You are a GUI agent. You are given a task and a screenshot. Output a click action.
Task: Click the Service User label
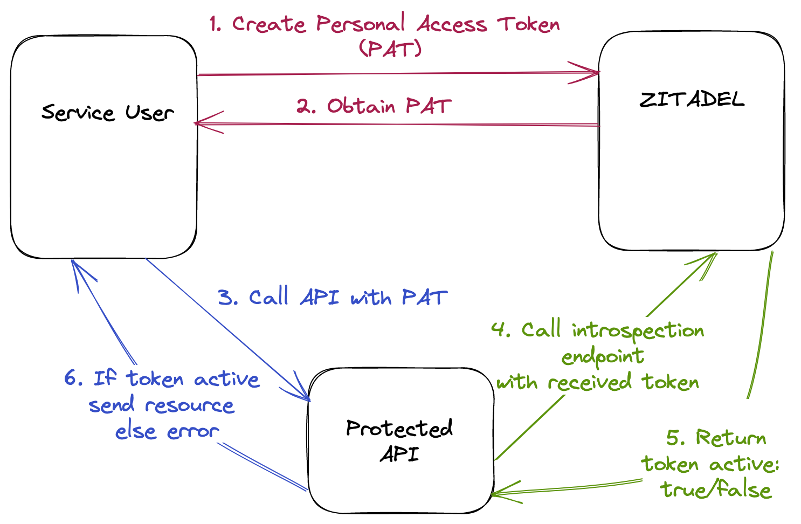[x=107, y=113]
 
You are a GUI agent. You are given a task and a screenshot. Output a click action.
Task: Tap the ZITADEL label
[x=692, y=100]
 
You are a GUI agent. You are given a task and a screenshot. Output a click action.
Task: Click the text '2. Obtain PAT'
[x=374, y=106]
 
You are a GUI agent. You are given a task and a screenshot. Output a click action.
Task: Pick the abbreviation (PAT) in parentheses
[x=390, y=49]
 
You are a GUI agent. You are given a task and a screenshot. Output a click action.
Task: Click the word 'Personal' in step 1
[x=360, y=24]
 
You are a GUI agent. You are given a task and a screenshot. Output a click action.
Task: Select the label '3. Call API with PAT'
[x=333, y=298]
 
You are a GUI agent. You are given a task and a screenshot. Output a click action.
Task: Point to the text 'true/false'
[x=716, y=489]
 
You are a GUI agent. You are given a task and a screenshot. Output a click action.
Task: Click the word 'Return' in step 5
[x=730, y=438]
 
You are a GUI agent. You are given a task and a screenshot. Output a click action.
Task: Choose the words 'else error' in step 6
[x=167, y=431]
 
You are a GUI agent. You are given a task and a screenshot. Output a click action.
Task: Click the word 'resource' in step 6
[x=190, y=405]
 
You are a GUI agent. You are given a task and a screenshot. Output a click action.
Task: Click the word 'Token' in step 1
[x=528, y=24]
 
